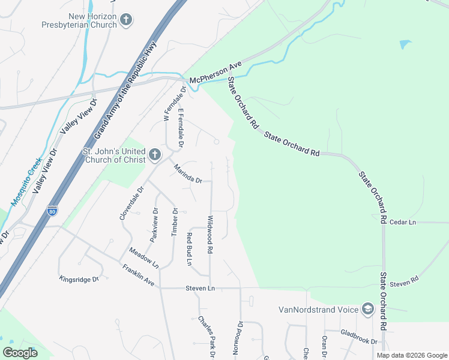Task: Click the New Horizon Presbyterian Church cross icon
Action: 125,20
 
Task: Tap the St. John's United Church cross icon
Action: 154,155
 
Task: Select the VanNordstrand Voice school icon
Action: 367,310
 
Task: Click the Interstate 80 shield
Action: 52,211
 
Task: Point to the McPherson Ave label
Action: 215,71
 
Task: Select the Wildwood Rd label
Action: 210,233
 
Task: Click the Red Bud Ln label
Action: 188,249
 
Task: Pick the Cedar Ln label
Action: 403,222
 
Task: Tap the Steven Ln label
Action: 200,288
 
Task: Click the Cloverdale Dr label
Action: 132,203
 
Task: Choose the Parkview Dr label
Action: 155,224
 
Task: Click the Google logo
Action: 20,353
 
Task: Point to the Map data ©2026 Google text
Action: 411,355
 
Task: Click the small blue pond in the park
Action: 405,44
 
